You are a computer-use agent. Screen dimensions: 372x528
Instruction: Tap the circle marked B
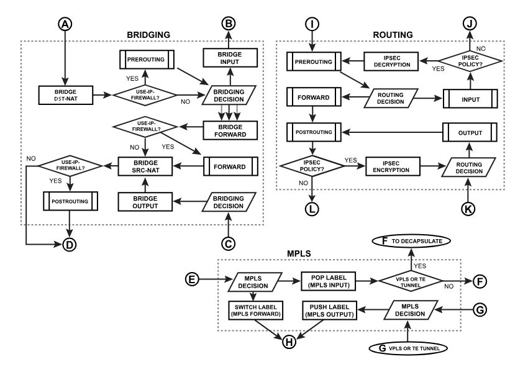tap(229, 24)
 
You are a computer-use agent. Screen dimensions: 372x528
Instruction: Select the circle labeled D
tap(70, 245)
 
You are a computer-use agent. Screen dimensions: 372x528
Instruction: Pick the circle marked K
tap(468, 209)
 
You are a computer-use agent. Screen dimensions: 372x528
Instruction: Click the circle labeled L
tap(312, 209)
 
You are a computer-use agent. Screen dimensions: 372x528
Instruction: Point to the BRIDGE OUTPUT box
tap(145, 201)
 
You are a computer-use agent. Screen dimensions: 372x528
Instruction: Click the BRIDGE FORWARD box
tap(229, 130)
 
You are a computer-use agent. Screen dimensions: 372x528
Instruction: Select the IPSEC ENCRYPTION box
tap(393, 166)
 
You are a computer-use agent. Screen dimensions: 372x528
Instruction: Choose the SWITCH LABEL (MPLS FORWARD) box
tap(257, 311)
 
